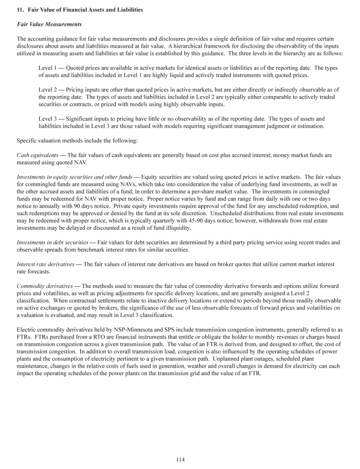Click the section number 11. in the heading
(x=20, y=10)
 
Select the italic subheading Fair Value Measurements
(x=49, y=24)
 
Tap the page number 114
(x=180, y=459)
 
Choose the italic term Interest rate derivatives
(x=45, y=264)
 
